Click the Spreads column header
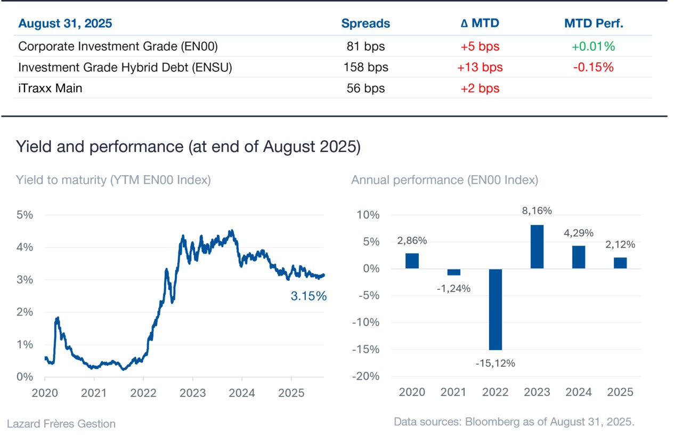(x=366, y=23)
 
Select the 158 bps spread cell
(x=366, y=67)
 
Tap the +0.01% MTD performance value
(x=593, y=46)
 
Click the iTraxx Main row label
(x=50, y=88)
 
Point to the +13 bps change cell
(x=480, y=67)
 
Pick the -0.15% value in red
(x=593, y=67)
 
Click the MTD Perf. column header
(x=594, y=23)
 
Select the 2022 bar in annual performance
(x=496, y=310)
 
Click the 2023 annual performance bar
(x=537, y=247)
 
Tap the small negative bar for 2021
(x=453, y=272)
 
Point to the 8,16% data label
(x=537, y=211)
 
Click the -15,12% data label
(x=496, y=363)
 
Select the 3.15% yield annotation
(x=308, y=296)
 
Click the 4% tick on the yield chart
(x=25, y=247)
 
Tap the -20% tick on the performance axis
(x=366, y=376)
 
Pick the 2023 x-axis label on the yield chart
(x=192, y=393)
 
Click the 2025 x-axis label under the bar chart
(x=620, y=392)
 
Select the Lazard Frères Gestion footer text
(x=61, y=424)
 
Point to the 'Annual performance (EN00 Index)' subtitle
(x=444, y=180)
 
